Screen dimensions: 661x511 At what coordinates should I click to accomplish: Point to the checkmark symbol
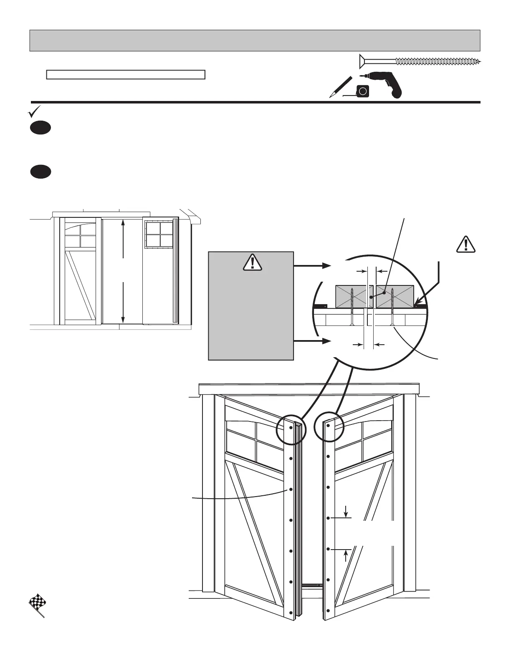(34, 111)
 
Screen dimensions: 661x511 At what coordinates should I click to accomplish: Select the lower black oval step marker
(40, 172)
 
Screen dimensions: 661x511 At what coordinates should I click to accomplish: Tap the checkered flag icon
(37, 605)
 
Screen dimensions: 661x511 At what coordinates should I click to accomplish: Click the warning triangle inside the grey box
(252, 263)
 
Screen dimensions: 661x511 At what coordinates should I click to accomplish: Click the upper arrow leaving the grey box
(309, 265)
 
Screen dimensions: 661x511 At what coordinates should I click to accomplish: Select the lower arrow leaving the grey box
(309, 341)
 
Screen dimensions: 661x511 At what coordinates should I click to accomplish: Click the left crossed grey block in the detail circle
(354, 297)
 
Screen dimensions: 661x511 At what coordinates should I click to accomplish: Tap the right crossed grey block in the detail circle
(395, 297)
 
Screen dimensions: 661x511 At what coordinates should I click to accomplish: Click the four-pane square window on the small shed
(159, 235)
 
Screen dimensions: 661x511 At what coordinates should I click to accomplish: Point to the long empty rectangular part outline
(125, 75)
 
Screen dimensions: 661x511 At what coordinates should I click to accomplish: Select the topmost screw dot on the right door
(329, 426)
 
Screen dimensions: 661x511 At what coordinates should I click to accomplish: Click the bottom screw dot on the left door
(291, 612)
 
